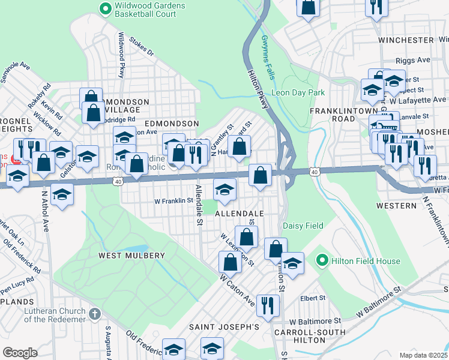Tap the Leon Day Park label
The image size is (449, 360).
pos(298,93)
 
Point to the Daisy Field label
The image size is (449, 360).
pos(303,226)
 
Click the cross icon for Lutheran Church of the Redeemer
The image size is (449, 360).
pos(94,314)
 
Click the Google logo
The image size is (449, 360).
pos(20,352)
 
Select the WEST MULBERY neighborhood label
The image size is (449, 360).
pos(131,256)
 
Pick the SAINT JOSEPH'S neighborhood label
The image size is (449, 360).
pos(224,327)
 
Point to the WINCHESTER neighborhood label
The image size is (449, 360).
pos(406,40)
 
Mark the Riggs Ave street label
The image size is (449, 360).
pos(413,61)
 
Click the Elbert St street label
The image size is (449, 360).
pos(313,298)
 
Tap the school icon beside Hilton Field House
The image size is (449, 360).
pos(292,263)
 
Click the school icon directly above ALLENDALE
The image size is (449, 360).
pos(224,190)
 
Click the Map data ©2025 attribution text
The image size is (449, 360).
pos(423,355)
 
